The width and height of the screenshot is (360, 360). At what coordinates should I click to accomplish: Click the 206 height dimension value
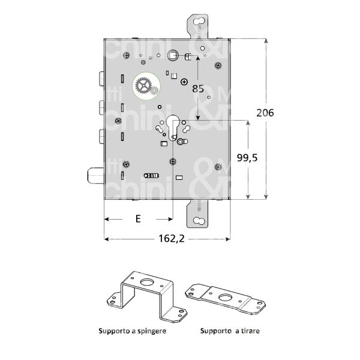pyautogui.click(x=265, y=113)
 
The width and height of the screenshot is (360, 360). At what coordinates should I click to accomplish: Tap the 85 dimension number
pyautogui.click(x=197, y=88)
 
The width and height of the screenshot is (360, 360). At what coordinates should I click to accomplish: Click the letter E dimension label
pyautogui.click(x=137, y=219)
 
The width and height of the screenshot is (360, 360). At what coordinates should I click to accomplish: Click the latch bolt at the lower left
pyautogui.click(x=95, y=176)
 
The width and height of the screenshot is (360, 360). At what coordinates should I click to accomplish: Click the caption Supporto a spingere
pyautogui.click(x=133, y=331)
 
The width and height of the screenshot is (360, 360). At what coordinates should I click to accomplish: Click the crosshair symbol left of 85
pyautogui.click(x=185, y=81)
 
